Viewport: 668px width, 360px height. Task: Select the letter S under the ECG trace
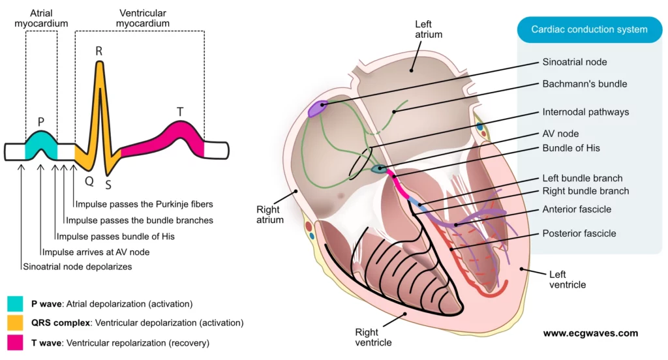click(108, 184)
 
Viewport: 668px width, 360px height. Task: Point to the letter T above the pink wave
click(180, 112)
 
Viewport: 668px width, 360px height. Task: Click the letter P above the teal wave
click(41, 121)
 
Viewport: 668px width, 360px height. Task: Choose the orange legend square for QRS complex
click(15, 323)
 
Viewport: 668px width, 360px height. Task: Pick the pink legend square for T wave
click(15, 342)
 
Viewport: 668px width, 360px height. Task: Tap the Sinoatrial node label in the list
click(575, 63)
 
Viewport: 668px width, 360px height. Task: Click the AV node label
click(560, 134)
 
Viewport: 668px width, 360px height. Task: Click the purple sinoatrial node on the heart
click(317, 109)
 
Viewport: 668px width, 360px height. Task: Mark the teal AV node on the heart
click(378, 169)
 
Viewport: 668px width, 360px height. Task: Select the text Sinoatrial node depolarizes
click(77, 267)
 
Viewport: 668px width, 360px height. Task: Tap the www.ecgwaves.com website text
click(590, 333)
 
